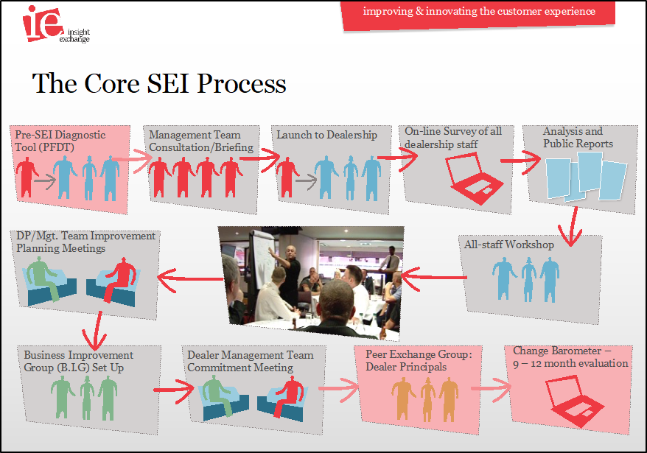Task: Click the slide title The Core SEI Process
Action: click(x=159, y=83)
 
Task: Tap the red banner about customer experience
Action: click(x=478, y=13)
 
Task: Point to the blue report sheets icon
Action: click(x=586, y=178)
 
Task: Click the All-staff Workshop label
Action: click(x=508, y=245)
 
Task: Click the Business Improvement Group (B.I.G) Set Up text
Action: click(x=78, y=361)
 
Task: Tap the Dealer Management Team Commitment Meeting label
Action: click(x=250, y=361)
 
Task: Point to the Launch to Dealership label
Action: click(x=326, y=135)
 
